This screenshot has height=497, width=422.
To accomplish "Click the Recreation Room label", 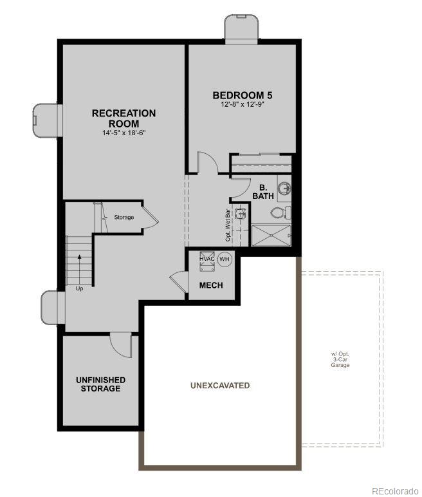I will (x=124, y=118).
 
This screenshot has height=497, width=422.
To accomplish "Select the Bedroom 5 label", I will (x=238, y=96).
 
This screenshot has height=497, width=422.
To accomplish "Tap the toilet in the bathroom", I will (x=281, y=212).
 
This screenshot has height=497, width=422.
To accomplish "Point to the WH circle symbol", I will (x=224, y=259).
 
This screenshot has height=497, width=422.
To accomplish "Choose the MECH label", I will (x=211, y=285).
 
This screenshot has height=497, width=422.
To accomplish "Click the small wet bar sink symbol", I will (x=241, y=213).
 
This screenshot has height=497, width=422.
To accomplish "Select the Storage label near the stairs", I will (x=124, y=218).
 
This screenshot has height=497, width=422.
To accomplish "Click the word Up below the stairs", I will (x=80, y=288).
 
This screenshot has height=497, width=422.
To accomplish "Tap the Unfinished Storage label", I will (x=100, y=384).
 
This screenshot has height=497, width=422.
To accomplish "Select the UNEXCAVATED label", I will (x=220, y=386).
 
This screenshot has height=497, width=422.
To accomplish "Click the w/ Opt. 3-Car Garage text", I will (x=340, y=360).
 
